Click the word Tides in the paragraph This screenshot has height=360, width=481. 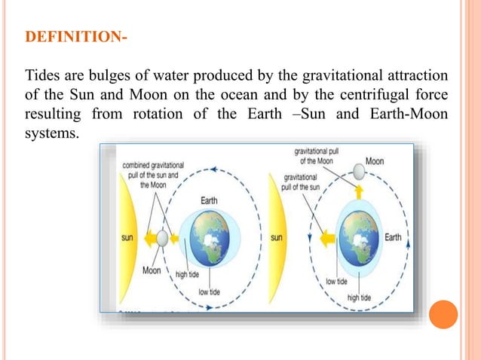click(x=42, y=76)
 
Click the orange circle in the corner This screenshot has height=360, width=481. click(x=443, y=314)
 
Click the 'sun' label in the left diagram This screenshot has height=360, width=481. click(x=128, y=236)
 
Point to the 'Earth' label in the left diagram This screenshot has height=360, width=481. click(x=209, y=201)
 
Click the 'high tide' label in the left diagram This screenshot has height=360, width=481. click(x=188, y=275)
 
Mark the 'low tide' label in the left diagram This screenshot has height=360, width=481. click(x=210, y=290)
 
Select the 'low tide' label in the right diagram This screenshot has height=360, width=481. click(x=336, y=281)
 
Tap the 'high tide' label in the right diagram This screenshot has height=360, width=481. click(x=358, y=297)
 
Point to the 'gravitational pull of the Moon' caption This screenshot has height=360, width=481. click(x=317, y=156)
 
